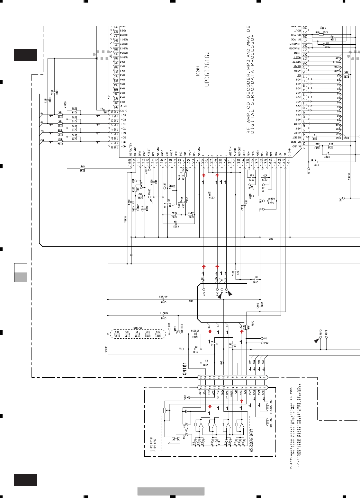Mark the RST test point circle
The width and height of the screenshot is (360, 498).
coord(309,168)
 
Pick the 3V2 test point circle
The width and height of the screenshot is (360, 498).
coord(344,198)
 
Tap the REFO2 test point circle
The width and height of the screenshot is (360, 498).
coord(326,338)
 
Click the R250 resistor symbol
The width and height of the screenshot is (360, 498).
coord(82,168)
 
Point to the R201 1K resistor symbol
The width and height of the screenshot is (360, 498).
coord(315,137)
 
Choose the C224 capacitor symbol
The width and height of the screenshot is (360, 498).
coord(209,195)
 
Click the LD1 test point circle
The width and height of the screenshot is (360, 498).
coord(169,329)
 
